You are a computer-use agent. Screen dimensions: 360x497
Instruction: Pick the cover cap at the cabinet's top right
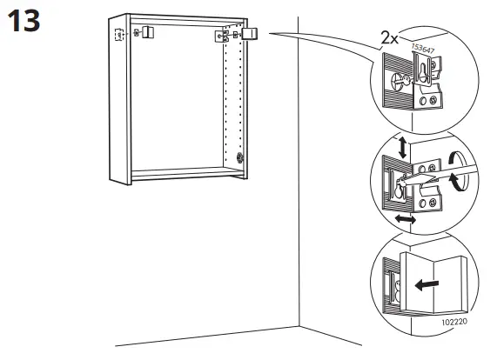pos(251,34)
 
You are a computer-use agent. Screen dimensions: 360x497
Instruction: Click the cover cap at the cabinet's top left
pos(148,32)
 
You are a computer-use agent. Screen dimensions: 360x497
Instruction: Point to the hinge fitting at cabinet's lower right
pos(239,159)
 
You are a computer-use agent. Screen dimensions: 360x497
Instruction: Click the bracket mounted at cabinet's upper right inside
pos(223,37)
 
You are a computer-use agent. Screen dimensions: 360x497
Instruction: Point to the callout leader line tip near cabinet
pos(272,33)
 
